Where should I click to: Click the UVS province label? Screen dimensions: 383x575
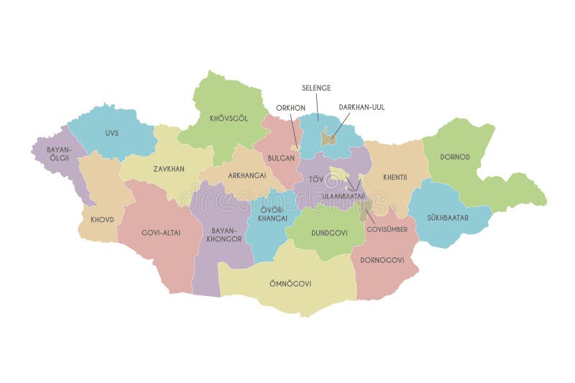[111, 133]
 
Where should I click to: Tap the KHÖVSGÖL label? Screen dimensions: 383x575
[229, 118]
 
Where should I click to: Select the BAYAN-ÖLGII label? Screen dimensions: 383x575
[58, 155]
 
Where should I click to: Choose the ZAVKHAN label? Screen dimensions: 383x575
[169, 169]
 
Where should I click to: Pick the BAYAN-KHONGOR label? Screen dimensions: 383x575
[225, 235]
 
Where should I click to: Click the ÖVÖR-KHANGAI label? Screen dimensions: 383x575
[274, 213]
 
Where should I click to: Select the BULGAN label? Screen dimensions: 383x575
[280, 157]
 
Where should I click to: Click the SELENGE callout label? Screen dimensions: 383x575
[316, 88]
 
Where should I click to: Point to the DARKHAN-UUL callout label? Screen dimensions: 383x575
[362, 107]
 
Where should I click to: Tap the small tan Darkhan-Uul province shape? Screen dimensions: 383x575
[328, 136]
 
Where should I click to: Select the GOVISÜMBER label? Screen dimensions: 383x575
[387, 229]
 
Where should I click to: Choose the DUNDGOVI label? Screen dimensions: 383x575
[329, 233]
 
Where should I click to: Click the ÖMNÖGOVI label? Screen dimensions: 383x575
[291, 283]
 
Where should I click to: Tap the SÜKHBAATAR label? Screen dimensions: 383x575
[448, 217]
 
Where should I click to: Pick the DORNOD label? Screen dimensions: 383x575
[456, 156]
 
